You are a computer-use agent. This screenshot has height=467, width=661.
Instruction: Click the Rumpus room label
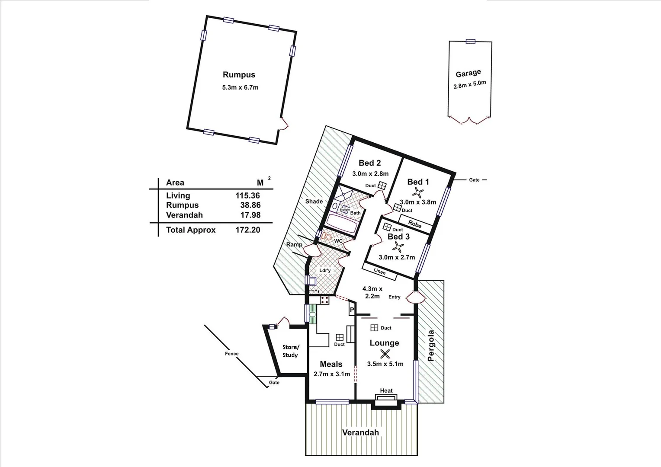click(x=239, y=75)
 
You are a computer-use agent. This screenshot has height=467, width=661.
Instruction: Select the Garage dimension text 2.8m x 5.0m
click(x=469, y=84)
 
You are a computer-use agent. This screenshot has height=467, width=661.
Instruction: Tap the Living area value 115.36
click(x=247, y=196)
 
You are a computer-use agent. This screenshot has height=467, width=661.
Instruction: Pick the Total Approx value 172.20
click(x=247, y=230)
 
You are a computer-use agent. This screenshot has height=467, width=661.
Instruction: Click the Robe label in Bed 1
click(x=415, y=225)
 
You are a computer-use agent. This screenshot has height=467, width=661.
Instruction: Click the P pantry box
click(x=352, y=310)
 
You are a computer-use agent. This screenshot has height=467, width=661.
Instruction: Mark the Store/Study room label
click(x=290, y=351)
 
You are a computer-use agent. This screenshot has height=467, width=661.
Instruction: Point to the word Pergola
click(x=430, y=346)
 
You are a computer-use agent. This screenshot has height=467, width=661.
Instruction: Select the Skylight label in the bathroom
click(x=344, y=210)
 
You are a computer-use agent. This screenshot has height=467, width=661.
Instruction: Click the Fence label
click(x=231, y=354)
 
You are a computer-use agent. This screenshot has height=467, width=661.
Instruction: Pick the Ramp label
click(x=294, y=245)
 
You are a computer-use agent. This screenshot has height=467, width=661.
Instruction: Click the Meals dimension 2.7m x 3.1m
click(x=331, y=374)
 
